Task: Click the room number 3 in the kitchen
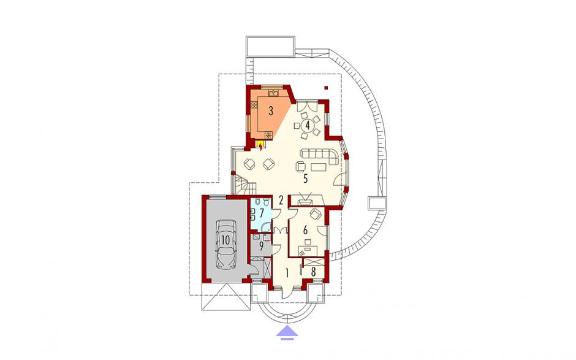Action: [x=271, y=110]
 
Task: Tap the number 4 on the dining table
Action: [x=308, y=124]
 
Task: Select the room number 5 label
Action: [x=305, y=179]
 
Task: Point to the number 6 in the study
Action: [x=305, y=231]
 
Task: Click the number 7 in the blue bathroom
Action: [x=262, y=213]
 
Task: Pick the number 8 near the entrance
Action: [x=313, y=272]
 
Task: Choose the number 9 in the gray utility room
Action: [x=261, y=246]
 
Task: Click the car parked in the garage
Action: [x=225, y=245]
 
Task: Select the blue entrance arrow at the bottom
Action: [x=287, y=331]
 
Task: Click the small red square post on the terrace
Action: [x=326, y=88]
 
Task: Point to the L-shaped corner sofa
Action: [x=319, y=155]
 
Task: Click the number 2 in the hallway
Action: [x=281, y=201]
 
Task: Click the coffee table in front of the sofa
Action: [x=319, y=167]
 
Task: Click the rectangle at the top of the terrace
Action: [x=270, y=47]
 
